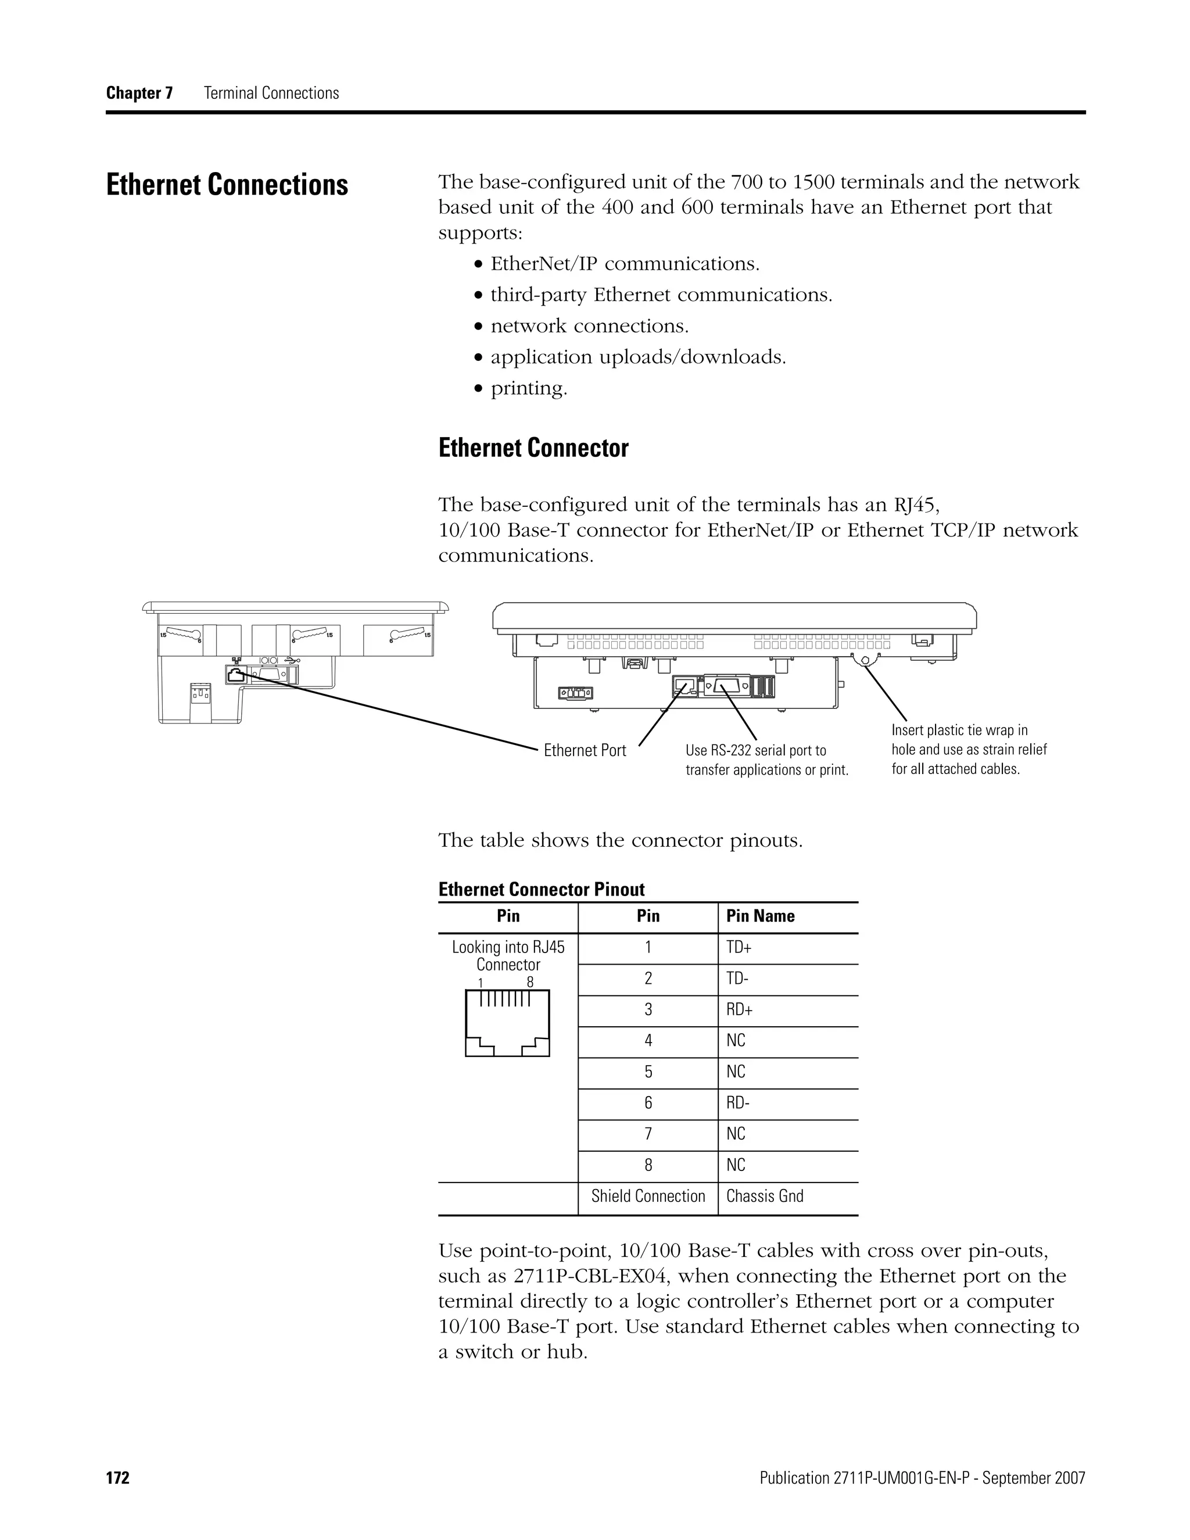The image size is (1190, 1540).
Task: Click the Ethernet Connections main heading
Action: (227, 185)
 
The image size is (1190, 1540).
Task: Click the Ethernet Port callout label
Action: (585, 750)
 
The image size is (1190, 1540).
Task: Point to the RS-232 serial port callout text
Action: (766, 760)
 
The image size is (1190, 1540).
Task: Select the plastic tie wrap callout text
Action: (969, 750)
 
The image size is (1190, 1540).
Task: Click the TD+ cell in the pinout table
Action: (739, 948)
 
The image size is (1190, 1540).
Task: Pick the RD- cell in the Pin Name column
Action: (737, 1103)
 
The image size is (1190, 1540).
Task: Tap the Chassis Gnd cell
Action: (764, 1196)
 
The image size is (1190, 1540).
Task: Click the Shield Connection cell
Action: (648, 1196)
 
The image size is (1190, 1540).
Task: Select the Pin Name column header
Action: (760, 916)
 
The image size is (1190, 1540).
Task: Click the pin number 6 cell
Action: (648, 1103)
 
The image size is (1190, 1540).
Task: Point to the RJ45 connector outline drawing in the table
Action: (507, 1023)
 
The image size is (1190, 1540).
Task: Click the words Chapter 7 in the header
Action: (139, 93)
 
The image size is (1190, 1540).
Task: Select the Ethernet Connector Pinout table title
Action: (542, 889)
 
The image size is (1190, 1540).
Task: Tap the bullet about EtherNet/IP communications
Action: (625, 264)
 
